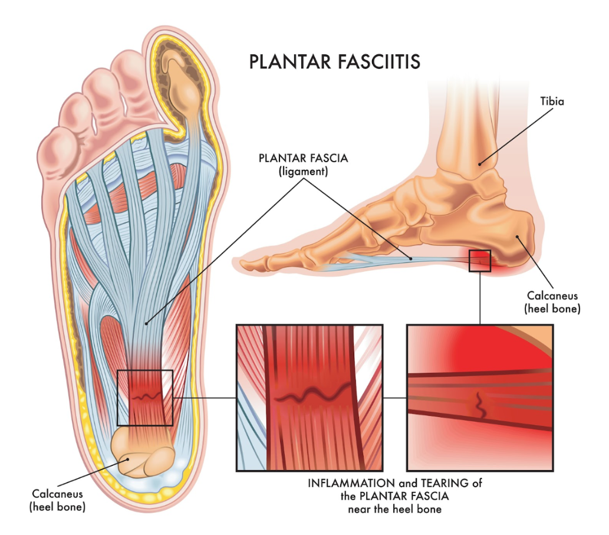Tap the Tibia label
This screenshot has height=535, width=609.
coord(552,101)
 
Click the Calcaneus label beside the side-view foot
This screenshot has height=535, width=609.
coord(552,301)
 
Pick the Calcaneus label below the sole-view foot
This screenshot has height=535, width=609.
coord(57,500)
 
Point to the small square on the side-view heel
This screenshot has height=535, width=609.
coord(479,260)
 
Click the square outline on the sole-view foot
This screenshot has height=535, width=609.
coord(145,398)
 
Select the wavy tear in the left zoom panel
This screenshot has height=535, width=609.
coord(310,396)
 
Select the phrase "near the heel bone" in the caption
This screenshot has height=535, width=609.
coord(394,508)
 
